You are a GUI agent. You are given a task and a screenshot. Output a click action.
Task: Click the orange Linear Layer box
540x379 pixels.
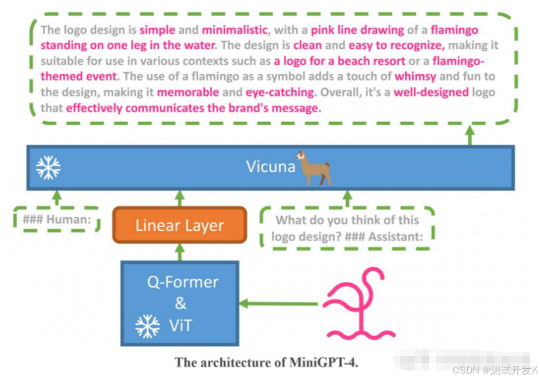tap(180, 225)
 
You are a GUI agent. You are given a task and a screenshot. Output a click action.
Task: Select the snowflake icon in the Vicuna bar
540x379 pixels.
tap(48, 168)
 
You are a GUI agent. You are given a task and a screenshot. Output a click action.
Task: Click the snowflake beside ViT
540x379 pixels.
tap(147, 326)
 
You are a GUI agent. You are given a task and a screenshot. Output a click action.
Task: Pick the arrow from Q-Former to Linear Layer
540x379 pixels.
tap(180, 252)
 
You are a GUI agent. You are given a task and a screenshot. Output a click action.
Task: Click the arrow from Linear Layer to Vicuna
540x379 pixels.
tap(180, 198)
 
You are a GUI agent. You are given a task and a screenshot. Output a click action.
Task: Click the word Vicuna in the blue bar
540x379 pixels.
tap(271, 166)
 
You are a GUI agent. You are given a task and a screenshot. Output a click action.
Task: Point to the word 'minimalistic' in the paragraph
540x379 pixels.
tap(235, 30)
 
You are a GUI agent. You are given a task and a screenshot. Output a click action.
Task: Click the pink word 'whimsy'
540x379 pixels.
tap(416, 77)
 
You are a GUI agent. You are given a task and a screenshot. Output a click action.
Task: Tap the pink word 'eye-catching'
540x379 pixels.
tap(280, 92)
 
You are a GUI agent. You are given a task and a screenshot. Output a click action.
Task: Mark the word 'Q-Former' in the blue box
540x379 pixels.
tap(183, 281)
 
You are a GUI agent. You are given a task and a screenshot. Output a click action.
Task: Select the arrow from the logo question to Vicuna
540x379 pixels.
tap(347, 198)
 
